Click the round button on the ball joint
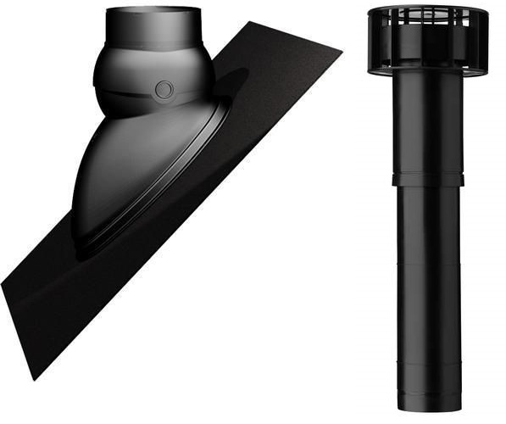164,88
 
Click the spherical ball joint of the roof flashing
153,81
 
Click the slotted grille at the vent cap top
428,17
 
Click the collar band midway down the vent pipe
428,180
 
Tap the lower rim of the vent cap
428,70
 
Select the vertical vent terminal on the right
429,212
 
